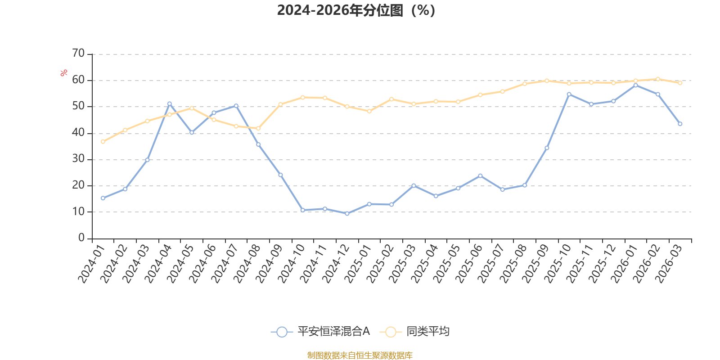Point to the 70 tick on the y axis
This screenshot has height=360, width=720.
[x=78, y=53]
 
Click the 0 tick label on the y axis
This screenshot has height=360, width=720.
[x=81, y=238]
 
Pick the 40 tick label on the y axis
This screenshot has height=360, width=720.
[x=78, y=132]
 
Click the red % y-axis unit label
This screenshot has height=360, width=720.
[x=63, y=73]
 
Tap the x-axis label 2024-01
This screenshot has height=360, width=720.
[x=92, y=264]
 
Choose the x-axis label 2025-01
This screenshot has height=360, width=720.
[x=358, y=264]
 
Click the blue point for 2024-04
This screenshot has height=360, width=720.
[x=169, y=104]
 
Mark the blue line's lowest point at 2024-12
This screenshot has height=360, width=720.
[x=347, y=213]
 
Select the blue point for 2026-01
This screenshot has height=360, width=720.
[x=636, y=85]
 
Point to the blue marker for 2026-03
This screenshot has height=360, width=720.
[x=680, y=124]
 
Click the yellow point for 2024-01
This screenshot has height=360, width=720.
[x=103, y=142]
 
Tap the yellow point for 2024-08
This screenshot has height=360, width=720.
[x=258, y=128]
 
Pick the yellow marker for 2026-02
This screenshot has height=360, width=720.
[x=658, y=79]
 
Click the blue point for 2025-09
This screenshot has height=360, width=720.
[x=547, y=148]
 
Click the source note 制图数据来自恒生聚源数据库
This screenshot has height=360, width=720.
[x=360, y=355]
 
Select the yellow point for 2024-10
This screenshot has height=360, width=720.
[x=303, y=97]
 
